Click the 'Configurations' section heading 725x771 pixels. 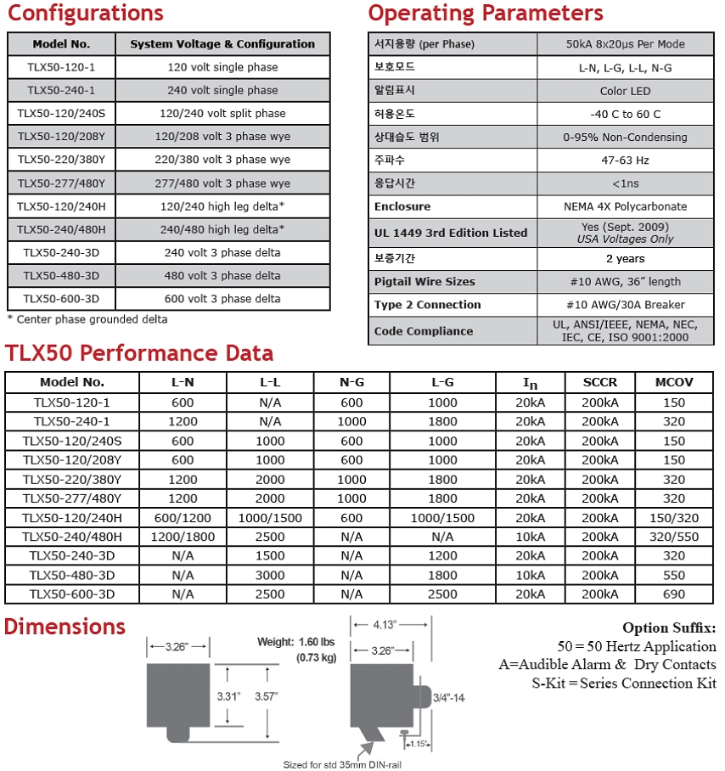click(x=86, y=14)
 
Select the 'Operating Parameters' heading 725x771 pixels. click(x=486, y=14)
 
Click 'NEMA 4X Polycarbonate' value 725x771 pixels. click(x=627, y=206)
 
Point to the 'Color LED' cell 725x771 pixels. click(x=627, y=91)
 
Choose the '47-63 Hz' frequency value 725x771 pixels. click(x=627, y=160)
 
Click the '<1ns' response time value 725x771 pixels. click(x=627, y=183)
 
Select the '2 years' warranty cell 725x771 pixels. click(x=627, y=258)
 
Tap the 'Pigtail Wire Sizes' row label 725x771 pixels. click(x=424, y=282)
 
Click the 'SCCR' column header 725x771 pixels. click(x=600, y=382)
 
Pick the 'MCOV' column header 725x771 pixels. click(x=674, y=382)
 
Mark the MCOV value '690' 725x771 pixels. click(x=674, y=594)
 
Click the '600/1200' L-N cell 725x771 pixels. click(x=183, y=517)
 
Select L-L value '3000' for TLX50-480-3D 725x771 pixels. click(x=271, y=575)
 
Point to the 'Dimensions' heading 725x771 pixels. click(x=65, y=627)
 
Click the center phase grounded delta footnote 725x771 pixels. click(x=87, y=320)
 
